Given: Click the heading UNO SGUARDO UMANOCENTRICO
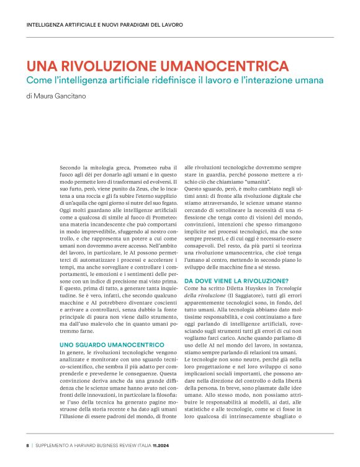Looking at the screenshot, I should pyautogui.click(x=111, y=344).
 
